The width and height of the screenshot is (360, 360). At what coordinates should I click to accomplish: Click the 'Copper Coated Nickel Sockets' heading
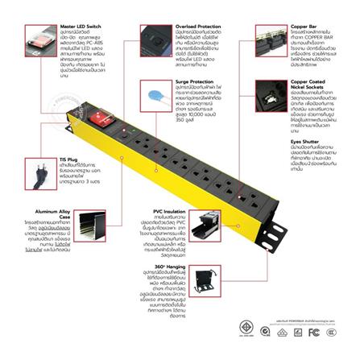pyautogui.click(x=311, y=84)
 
